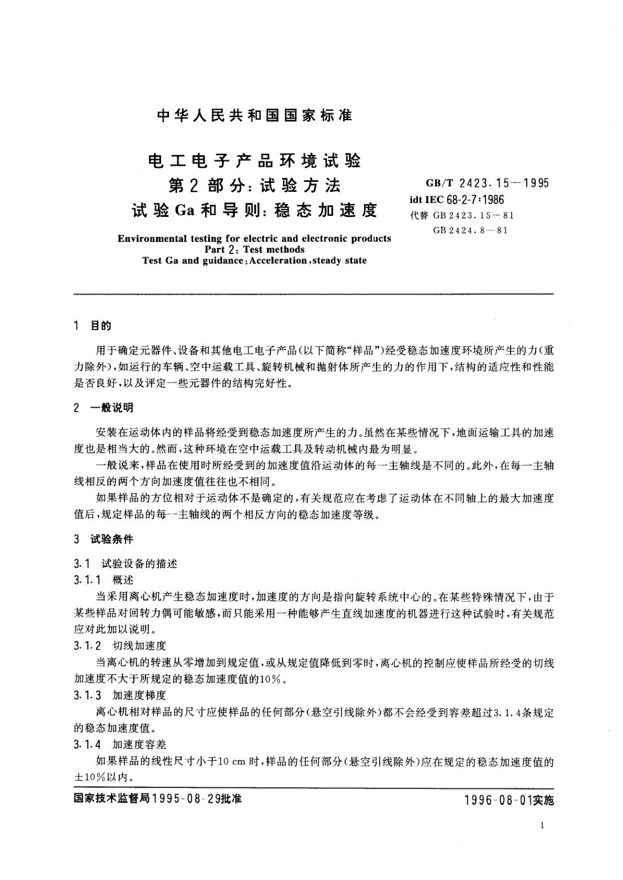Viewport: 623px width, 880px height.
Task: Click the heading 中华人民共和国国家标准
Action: [x=254, y=116]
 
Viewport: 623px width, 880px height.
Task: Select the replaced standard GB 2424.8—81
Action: [x=470, y=230]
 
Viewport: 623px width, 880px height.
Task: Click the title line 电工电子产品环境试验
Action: [x=254, y=160]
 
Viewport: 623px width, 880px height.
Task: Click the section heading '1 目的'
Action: [x=93, y=326]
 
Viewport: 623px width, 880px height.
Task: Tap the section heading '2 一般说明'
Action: [x=104, y=408]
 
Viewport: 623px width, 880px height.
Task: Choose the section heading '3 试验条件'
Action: [x=104, y=539]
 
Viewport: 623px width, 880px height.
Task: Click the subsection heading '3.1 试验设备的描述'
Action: [x=126, y=563]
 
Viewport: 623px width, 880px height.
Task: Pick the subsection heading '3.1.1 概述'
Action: [x=104, y=580]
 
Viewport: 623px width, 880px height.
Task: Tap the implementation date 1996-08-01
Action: [x=497, y=800]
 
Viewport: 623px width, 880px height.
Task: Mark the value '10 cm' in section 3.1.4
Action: [x=231, y=762]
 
